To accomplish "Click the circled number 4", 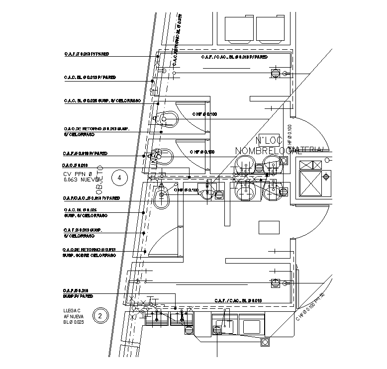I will [118, 177].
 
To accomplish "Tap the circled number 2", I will [101, 315].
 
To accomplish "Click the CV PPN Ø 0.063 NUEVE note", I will [82, 177].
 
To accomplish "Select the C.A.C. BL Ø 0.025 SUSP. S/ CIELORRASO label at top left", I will [102, 100].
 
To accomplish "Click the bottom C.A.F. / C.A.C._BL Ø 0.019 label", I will [238, 300].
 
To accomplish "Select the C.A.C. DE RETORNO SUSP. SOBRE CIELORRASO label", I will [89, 252].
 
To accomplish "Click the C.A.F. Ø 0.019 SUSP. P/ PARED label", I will [79, 293].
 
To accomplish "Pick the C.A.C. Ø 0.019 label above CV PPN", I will [75, 165].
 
